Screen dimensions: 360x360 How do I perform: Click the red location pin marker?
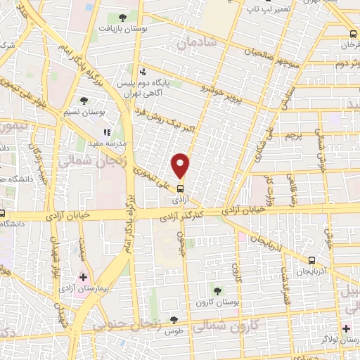pyautogui.click(x=181, y=165)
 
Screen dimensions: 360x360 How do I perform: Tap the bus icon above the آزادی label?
pyautogui.click(x=181, y=188)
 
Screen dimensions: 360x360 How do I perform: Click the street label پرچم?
pyautogui.click(x=295, y=135)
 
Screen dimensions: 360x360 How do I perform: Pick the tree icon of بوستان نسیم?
pyautogui.click(x=84, y=101)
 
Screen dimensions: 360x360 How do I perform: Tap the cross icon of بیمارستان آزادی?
pyautogui.click(x=83, y=278)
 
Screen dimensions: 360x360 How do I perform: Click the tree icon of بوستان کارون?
pyautogui.click(x=217, y=290)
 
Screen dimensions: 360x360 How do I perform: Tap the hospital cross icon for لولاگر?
pyautogui.click(x=346, y=328)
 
